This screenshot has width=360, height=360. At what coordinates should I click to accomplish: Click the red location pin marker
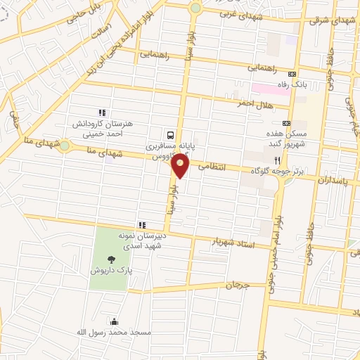(x=181, y=166)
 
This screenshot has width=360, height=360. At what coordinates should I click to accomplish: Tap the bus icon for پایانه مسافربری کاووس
(x=171, y=134)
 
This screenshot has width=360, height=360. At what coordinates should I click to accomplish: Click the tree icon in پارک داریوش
(x=112, y=259)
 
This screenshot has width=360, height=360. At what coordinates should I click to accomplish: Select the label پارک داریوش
(x=110, y=270)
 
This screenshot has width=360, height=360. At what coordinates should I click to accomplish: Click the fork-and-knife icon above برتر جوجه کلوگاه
(x=286, y=160)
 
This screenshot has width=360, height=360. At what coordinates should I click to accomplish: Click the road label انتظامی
(x=213, y=167)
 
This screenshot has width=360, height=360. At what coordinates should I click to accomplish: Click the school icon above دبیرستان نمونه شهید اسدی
(x=143, y=225)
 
